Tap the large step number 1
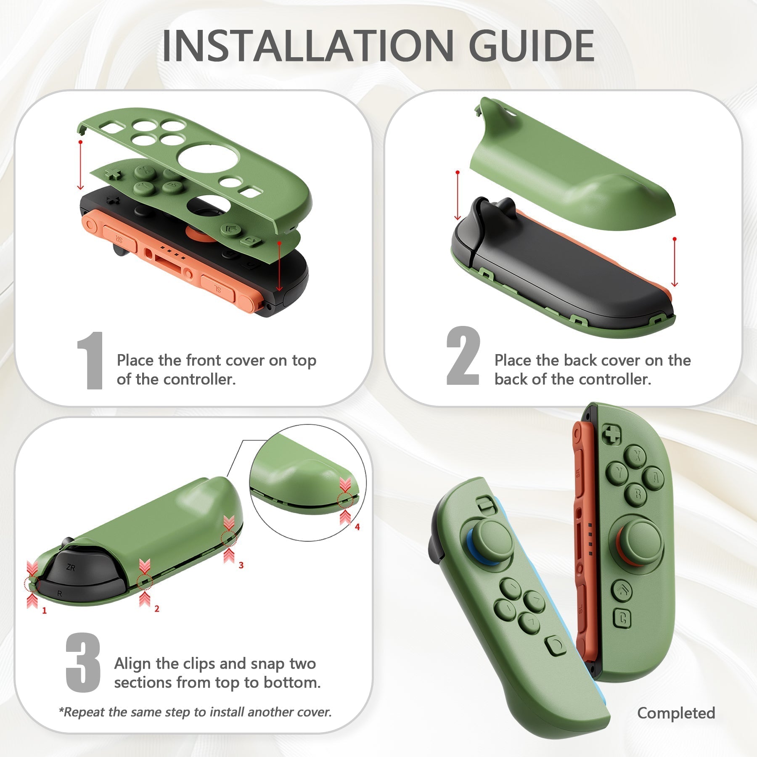91,360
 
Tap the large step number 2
463,356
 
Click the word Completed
676,713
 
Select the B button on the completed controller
638,495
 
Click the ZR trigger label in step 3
71,568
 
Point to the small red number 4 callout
357,527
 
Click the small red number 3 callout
241,565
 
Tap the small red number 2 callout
156,609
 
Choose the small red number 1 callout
44,610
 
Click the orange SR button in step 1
119,241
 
